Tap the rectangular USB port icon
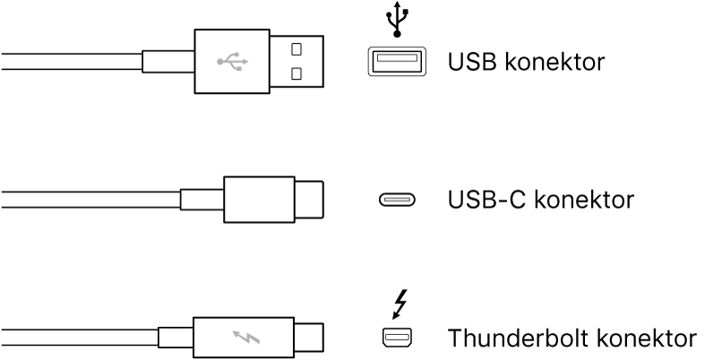pos(394,62)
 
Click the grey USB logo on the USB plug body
pos(233,62)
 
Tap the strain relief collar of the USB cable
pos(168,62)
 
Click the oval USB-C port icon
pos(394,199)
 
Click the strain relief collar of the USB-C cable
pos(202,200)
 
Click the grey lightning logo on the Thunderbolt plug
pos(244,338)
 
